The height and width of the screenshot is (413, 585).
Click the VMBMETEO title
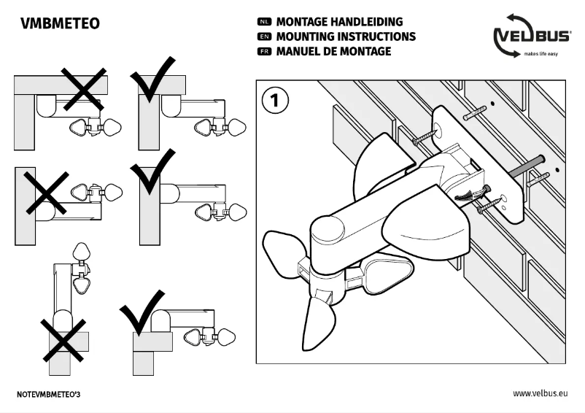61,24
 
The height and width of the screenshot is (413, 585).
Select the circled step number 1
275,101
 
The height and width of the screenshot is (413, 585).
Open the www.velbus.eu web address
539,393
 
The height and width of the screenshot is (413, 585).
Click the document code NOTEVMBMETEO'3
52,393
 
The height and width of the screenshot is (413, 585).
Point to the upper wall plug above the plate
475,112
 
